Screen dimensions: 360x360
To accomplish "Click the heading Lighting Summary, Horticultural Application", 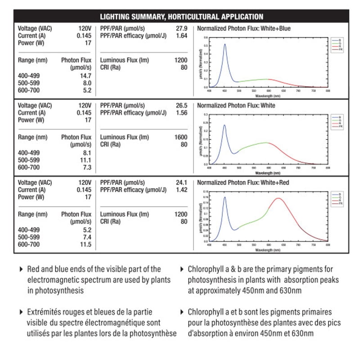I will point(181,17).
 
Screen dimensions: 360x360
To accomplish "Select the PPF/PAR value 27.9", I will point(181,28).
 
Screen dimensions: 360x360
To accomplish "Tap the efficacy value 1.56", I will point(181,113).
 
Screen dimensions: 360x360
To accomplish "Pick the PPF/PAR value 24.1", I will point(181,183).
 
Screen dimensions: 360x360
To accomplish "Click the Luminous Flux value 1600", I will point(180,137).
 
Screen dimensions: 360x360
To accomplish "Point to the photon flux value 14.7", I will point(85,76).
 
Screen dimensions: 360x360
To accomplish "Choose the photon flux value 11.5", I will point(85,244).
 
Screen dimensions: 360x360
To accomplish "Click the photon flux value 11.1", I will point(85,160).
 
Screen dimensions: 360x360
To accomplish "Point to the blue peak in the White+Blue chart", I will point(225,44).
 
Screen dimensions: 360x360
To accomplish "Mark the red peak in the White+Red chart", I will point(278,198).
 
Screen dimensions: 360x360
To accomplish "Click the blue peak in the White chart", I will point(225,125).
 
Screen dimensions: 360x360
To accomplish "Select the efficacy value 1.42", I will point(181,190).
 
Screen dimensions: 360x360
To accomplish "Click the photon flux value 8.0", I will point(86,83).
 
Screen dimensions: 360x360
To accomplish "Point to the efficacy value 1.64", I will point(181,36).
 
